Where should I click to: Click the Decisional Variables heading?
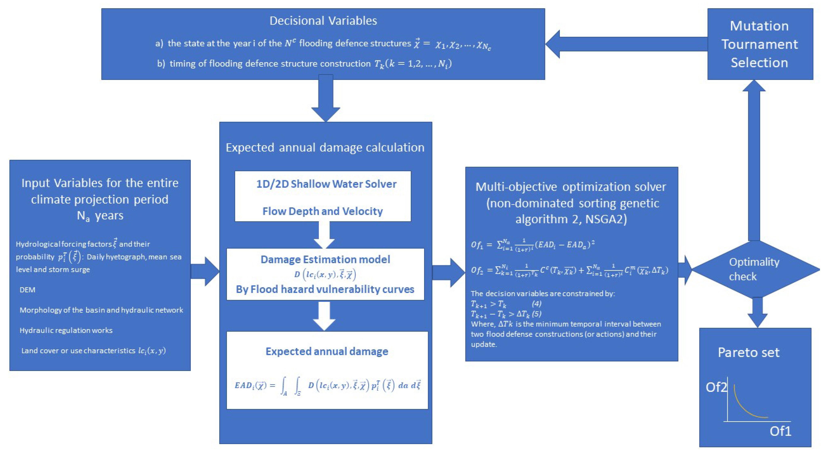coord(323,21)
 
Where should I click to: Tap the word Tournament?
coord(759,44)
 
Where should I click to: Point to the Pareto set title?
coord(748,353)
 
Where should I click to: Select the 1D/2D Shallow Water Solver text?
coord(326,184)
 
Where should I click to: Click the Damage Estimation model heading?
coord(325,259)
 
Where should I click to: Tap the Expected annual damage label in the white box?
coord(327,351)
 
